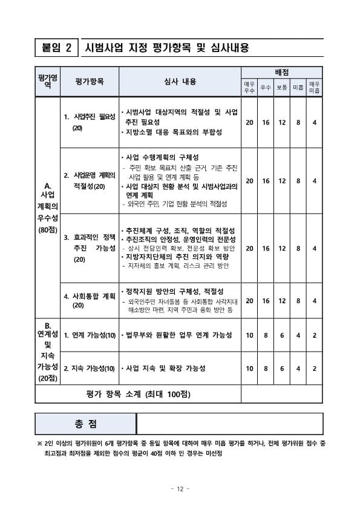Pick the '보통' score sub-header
[282, 88]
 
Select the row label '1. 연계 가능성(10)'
[90, 335]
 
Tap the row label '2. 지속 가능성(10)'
[90, 368]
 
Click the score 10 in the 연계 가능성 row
[249, 335]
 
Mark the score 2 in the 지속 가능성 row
[314, 368]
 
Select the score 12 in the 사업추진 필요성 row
[282, 122]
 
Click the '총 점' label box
[85, 423]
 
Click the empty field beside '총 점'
[231, 423]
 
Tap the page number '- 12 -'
[180, 488]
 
